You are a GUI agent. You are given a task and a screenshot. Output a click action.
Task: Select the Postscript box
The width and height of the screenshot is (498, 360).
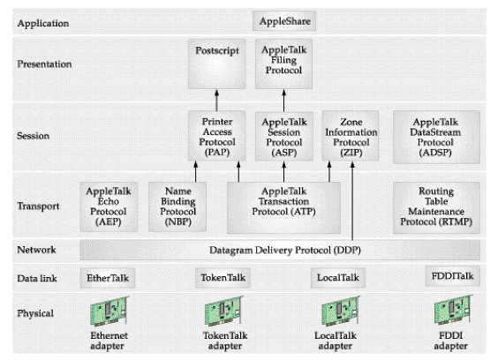point(217,64)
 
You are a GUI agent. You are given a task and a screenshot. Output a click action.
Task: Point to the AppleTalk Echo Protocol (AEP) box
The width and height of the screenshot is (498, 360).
point(110,206)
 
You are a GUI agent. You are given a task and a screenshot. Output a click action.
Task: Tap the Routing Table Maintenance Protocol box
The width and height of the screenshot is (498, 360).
point(437,206)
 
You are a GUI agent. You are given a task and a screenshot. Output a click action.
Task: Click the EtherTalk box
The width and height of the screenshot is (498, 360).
point(110,278)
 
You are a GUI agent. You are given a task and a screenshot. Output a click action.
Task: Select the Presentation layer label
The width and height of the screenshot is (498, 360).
point(44,64)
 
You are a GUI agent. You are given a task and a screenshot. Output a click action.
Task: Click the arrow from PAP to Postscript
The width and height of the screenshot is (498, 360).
point(217,100)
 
